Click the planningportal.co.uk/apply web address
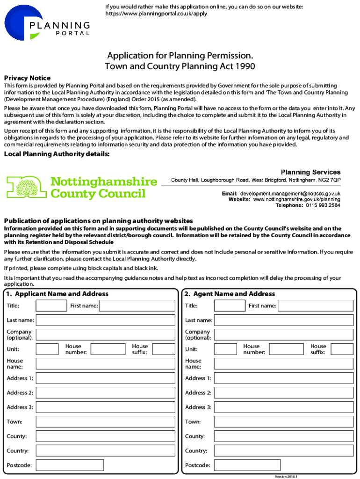coord(156,14)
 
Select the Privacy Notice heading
coord(27,78)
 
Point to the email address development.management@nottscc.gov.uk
coord(290,193)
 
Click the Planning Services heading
coord(310,172)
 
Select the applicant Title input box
coord(51,306)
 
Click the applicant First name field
coord(137,306)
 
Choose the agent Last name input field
coord(283,320)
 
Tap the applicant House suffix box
coord(164,349)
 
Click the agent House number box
coord(286,349)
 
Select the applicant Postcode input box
coord(70,465)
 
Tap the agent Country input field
coord(283,451)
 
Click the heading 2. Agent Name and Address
coord(230,294)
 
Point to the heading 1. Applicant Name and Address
coord(57,294)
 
